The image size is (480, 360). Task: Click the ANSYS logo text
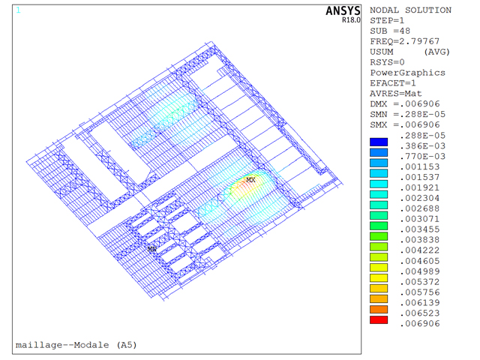point(343,11)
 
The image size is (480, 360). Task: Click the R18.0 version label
point(351,20)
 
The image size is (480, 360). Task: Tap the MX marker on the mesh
point(250,180)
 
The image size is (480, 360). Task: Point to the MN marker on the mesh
point(151,249)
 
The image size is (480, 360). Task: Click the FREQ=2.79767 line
point(405,41)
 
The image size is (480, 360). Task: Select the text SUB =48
point(390,31)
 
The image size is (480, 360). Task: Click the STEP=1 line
point(387,20)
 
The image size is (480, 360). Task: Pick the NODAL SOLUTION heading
point(410,10)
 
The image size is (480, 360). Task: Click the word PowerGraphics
point(407,73)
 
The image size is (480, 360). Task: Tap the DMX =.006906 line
point(405,104)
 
